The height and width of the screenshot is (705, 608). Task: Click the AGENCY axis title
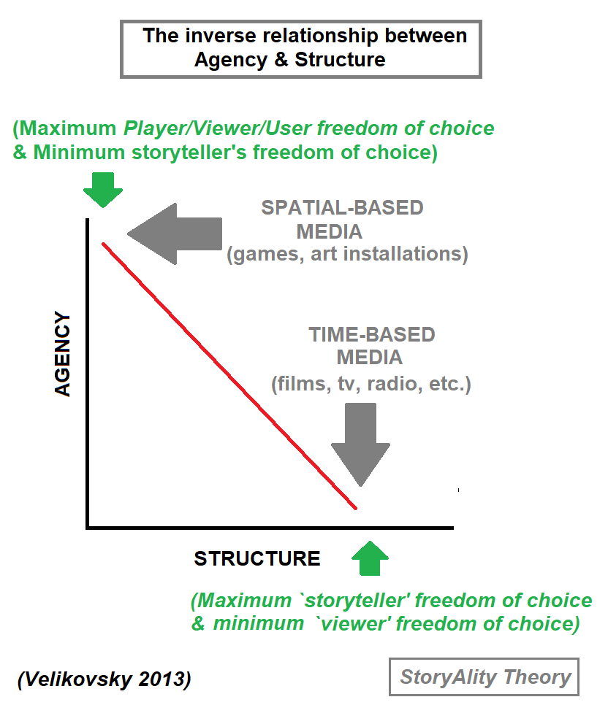(x=64, y=354)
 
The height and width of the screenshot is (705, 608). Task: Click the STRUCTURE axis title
(x=256, y=559)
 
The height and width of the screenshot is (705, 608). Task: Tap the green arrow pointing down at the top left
(x=103, y=191)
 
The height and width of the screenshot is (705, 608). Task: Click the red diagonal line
(x=229, y=375)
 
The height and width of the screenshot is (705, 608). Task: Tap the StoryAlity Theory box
(x=484, y=677)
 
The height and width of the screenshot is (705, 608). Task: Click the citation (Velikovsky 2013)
(x=104, y=679)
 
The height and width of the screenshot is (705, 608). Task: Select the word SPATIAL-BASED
(x=342, y=207)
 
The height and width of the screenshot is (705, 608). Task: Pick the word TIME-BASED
(x=371, y=335)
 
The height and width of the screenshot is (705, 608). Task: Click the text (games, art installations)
(x=347, y=255)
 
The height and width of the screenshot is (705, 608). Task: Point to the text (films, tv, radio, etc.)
(x=370, y=384)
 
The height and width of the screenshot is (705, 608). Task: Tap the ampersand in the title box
(x=281, y=59)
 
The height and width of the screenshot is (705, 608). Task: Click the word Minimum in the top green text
(x=74, y=153)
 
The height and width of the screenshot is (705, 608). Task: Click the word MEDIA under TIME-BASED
(x=369, y=358)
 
